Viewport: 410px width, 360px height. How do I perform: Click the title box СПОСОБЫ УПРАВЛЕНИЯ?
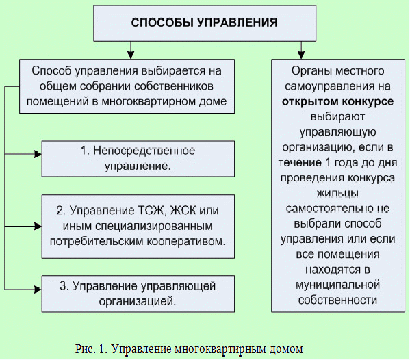click(x=205, y=23)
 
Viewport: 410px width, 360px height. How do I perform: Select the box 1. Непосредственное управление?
click(x=138, y=159)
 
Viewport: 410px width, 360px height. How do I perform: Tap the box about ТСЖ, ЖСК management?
click(x=138, y=227)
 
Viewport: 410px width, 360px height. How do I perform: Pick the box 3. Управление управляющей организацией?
click(x=138, y=294)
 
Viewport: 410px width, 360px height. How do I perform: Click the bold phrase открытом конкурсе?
click(x=337, y=101)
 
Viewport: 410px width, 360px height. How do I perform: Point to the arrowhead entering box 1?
click(x=38, y=154)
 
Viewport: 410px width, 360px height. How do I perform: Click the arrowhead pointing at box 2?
click(x=38, y=227)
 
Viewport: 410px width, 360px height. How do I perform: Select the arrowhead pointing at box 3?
click(x=38, y=290)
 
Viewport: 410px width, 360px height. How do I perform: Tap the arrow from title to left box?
click(x=131, y=51)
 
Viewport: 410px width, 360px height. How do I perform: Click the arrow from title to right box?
click(x=301, y=51)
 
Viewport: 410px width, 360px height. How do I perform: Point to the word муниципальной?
click(x=337, y=285)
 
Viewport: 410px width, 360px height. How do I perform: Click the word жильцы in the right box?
click(x=337, y=194)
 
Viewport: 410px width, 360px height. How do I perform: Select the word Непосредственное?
click(x=144, y=151)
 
